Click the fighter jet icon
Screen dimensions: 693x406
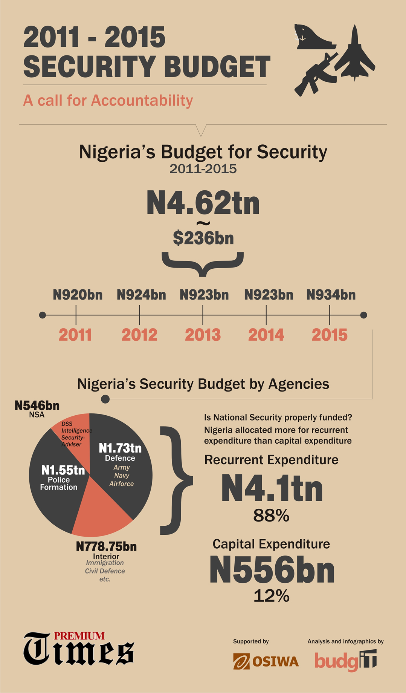coord(354,55)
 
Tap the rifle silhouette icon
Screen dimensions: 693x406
coord(316,75)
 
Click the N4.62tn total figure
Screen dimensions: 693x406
coord(203,203)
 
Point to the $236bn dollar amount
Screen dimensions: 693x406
coord(203,238)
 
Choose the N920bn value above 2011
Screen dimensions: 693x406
coord(78,295)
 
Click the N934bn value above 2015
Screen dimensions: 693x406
coord(331,295)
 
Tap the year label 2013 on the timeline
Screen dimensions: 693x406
coord(203,335)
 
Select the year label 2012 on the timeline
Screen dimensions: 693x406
coord(139,335)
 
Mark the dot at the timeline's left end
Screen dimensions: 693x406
coord(43,315)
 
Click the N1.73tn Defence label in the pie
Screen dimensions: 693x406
coord(120,448)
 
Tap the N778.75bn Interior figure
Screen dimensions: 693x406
coord(106,546)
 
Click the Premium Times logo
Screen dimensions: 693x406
coord(79,649)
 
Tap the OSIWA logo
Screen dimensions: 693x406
coord(266,661)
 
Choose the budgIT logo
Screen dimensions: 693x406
coord(345,661)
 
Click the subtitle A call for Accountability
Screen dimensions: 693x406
coord(108,101)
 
